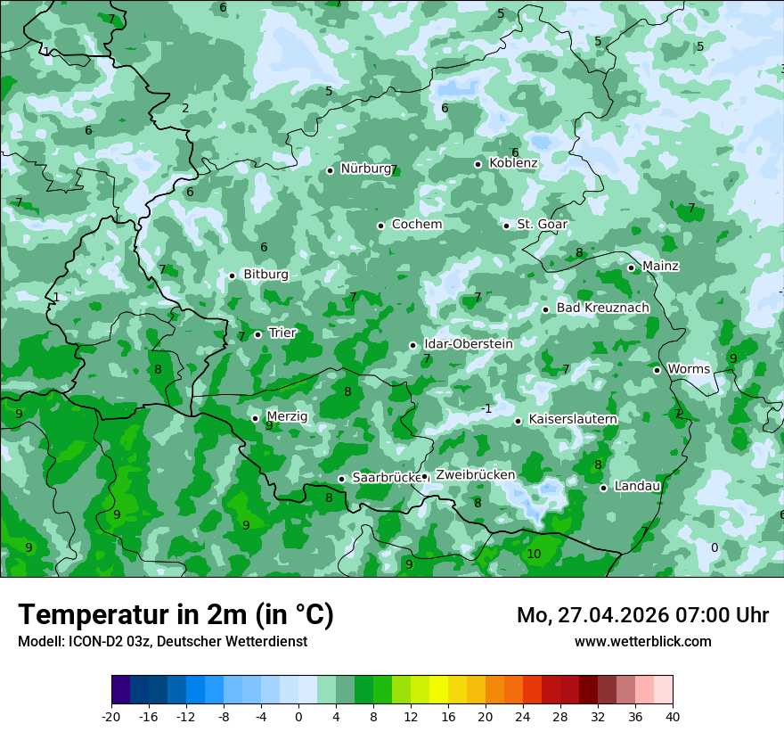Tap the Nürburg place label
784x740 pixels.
click(365, 169)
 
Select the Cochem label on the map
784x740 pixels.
click(416, 225)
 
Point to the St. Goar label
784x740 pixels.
click(542, 225)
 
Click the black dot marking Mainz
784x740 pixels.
click(631, 267)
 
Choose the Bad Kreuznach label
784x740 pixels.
click(602, 308)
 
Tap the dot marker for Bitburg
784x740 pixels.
click(232, 275)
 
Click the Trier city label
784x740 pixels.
click(282, 333)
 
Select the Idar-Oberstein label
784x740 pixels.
click(468, 344)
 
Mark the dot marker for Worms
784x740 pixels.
click(657, 370)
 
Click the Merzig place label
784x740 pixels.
click(287, 417)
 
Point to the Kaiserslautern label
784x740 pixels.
click(573, 419)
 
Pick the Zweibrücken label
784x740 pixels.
click(475, 475)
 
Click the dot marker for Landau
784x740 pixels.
click(603, 488)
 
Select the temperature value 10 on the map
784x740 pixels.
click(534, 555)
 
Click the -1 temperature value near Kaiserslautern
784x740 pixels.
click(486, 409)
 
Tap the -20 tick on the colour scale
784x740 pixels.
click(111, 716)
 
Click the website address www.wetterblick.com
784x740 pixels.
click(642, 642)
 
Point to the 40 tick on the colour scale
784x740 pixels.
click(672, 716)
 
